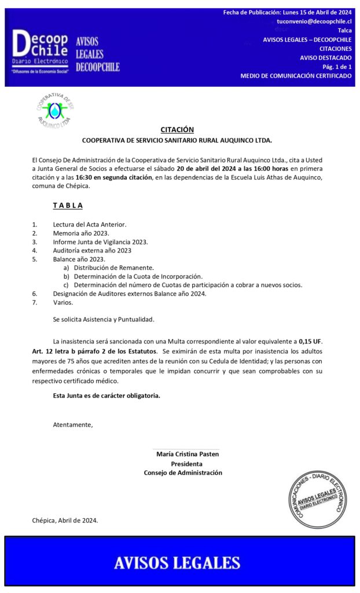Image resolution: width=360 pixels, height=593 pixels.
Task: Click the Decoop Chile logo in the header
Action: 41,51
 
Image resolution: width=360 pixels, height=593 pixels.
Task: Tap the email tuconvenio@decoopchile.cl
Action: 314,21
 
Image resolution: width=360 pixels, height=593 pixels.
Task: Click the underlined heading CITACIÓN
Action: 177,130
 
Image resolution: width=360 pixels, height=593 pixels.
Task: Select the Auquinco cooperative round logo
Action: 55,111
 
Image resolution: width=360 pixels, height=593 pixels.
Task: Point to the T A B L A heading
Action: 68,205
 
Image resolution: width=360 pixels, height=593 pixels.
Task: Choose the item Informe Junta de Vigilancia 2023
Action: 100,241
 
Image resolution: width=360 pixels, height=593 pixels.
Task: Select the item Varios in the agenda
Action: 63,302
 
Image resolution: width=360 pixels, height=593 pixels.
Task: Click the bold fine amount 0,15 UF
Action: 310,342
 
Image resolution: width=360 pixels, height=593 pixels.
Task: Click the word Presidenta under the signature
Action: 186,463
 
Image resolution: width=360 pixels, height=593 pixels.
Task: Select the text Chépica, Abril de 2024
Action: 65,520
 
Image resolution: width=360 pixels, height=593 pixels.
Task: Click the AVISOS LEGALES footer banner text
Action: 177,562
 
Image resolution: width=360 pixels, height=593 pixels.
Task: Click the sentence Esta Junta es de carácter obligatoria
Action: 106,396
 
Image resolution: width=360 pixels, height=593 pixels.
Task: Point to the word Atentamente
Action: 72,424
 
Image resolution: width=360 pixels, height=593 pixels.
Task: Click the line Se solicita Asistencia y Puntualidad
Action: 104,319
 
